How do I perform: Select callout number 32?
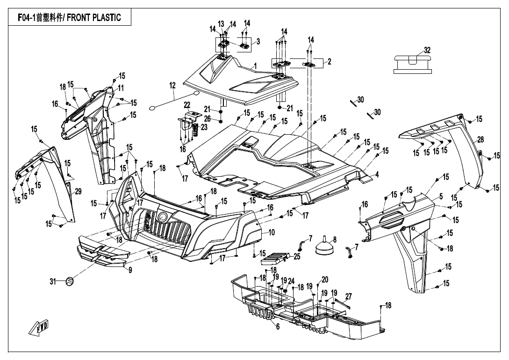tap(427, 50)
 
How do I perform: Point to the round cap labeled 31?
tap(69, 281)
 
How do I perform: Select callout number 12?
tap(172, 85)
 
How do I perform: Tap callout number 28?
tap(480, 140)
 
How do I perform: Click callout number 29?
tap(78, 191)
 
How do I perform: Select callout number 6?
tap(278, 327)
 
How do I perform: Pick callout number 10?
tap(272, 232)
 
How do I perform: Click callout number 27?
tap(348, 295)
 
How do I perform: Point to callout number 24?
tap(291, 281)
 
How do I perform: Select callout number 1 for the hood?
tap(255, 65)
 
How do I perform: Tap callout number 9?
tap(130, 270)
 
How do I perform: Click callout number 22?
tap(186, 104)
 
